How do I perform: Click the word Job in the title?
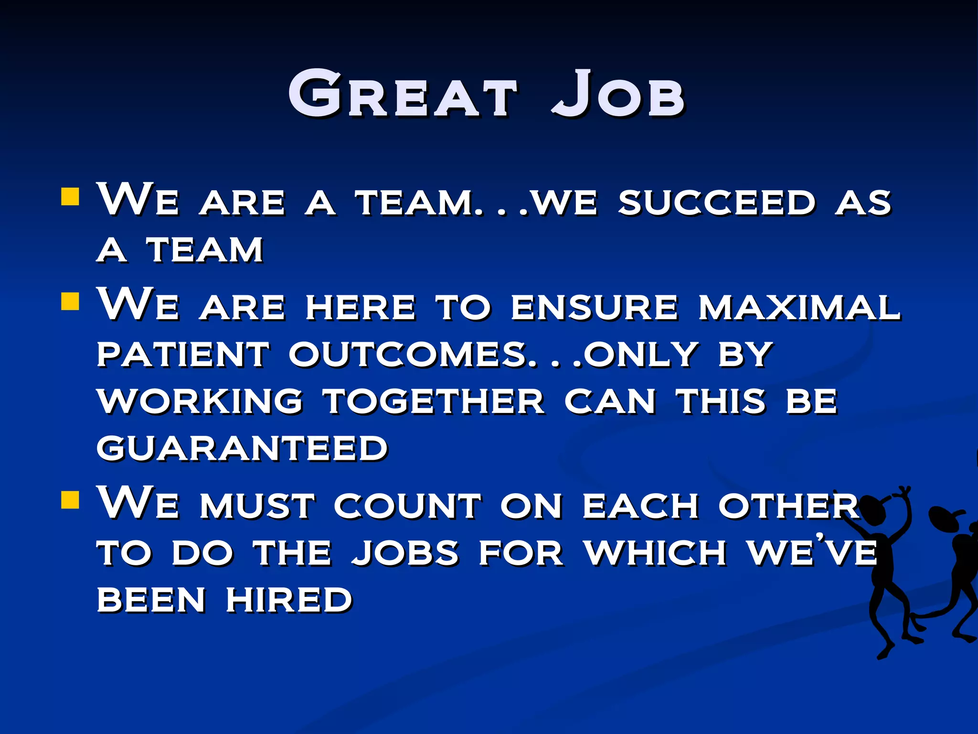click(618, 95)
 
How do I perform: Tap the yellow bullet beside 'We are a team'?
click(70, 196)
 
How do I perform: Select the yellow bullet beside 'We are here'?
click(70, 302)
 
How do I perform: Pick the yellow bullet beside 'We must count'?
click(70, 500)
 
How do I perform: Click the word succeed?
click(716, 203)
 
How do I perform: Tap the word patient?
click(183, 355)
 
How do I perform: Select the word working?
click(200, 401)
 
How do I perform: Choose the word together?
click(434, 401)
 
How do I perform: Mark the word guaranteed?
click(242, 448)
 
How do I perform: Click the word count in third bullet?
click(407, 506)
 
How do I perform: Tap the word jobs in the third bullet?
click(405, 553)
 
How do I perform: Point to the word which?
click(656, 553)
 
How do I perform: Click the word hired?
click(289, 600)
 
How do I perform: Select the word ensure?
click(594, 307)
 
